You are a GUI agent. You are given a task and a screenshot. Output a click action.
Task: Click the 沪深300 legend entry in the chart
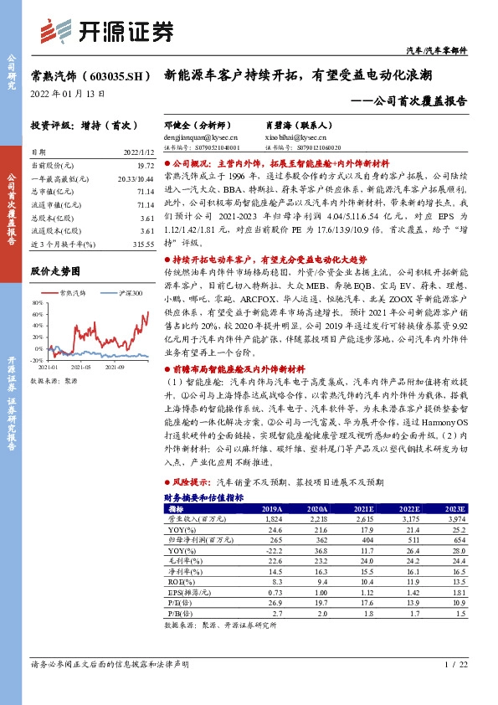click(126, 293)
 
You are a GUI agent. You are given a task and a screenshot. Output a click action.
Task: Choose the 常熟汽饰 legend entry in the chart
click(73, 293)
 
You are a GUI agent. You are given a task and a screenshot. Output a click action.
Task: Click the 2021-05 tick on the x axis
click(81, 367)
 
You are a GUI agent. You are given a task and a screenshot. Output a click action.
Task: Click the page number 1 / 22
click(453, 664)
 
